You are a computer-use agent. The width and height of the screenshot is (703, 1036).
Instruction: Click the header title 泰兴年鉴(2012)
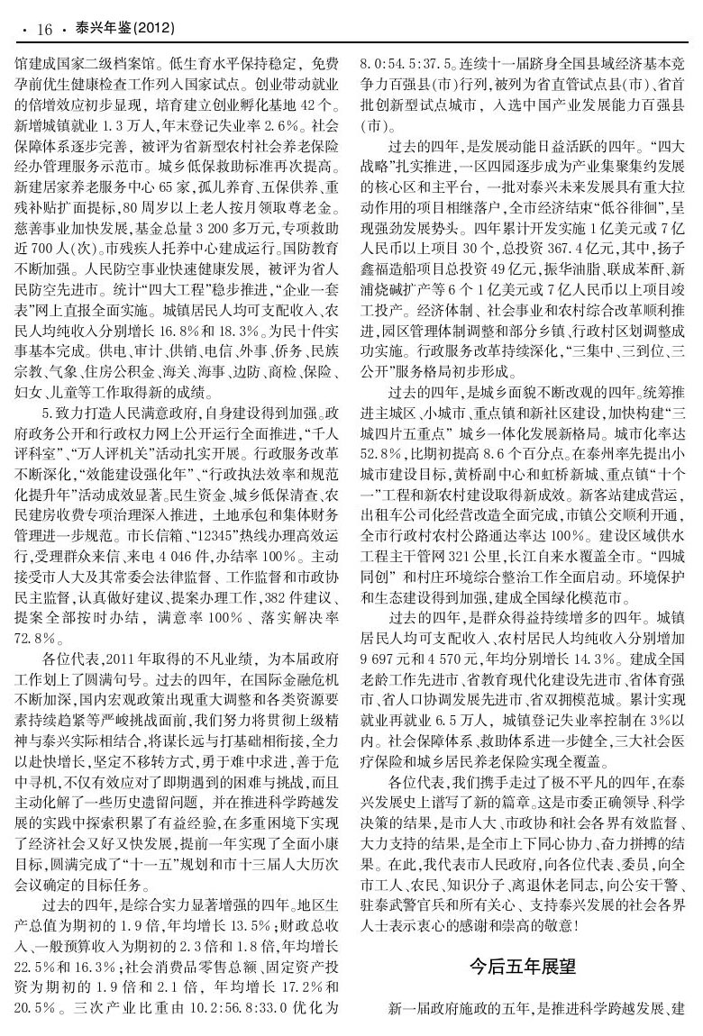click(122, 30)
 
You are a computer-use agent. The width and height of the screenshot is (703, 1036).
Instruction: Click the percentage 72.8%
click(36, 637)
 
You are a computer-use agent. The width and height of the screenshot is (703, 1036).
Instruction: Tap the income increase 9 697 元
click(383, 644)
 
